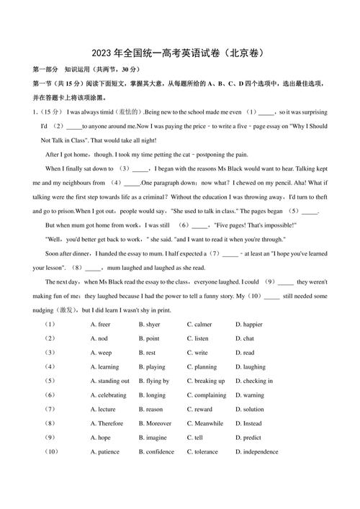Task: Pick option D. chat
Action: [244, 338]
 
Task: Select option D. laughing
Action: [250, 366]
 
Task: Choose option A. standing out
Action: [110, 381]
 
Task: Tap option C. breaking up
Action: [206, 381]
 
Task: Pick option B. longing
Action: [152, 395]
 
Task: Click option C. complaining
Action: [207, 395]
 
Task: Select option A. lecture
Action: [103, 409]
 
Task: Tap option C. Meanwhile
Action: [205, 423]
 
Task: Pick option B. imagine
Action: [153, 438]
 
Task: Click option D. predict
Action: [248, 438]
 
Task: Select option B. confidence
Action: [156, 452]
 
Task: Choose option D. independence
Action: [256, 452]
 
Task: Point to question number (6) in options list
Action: [50, 395]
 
